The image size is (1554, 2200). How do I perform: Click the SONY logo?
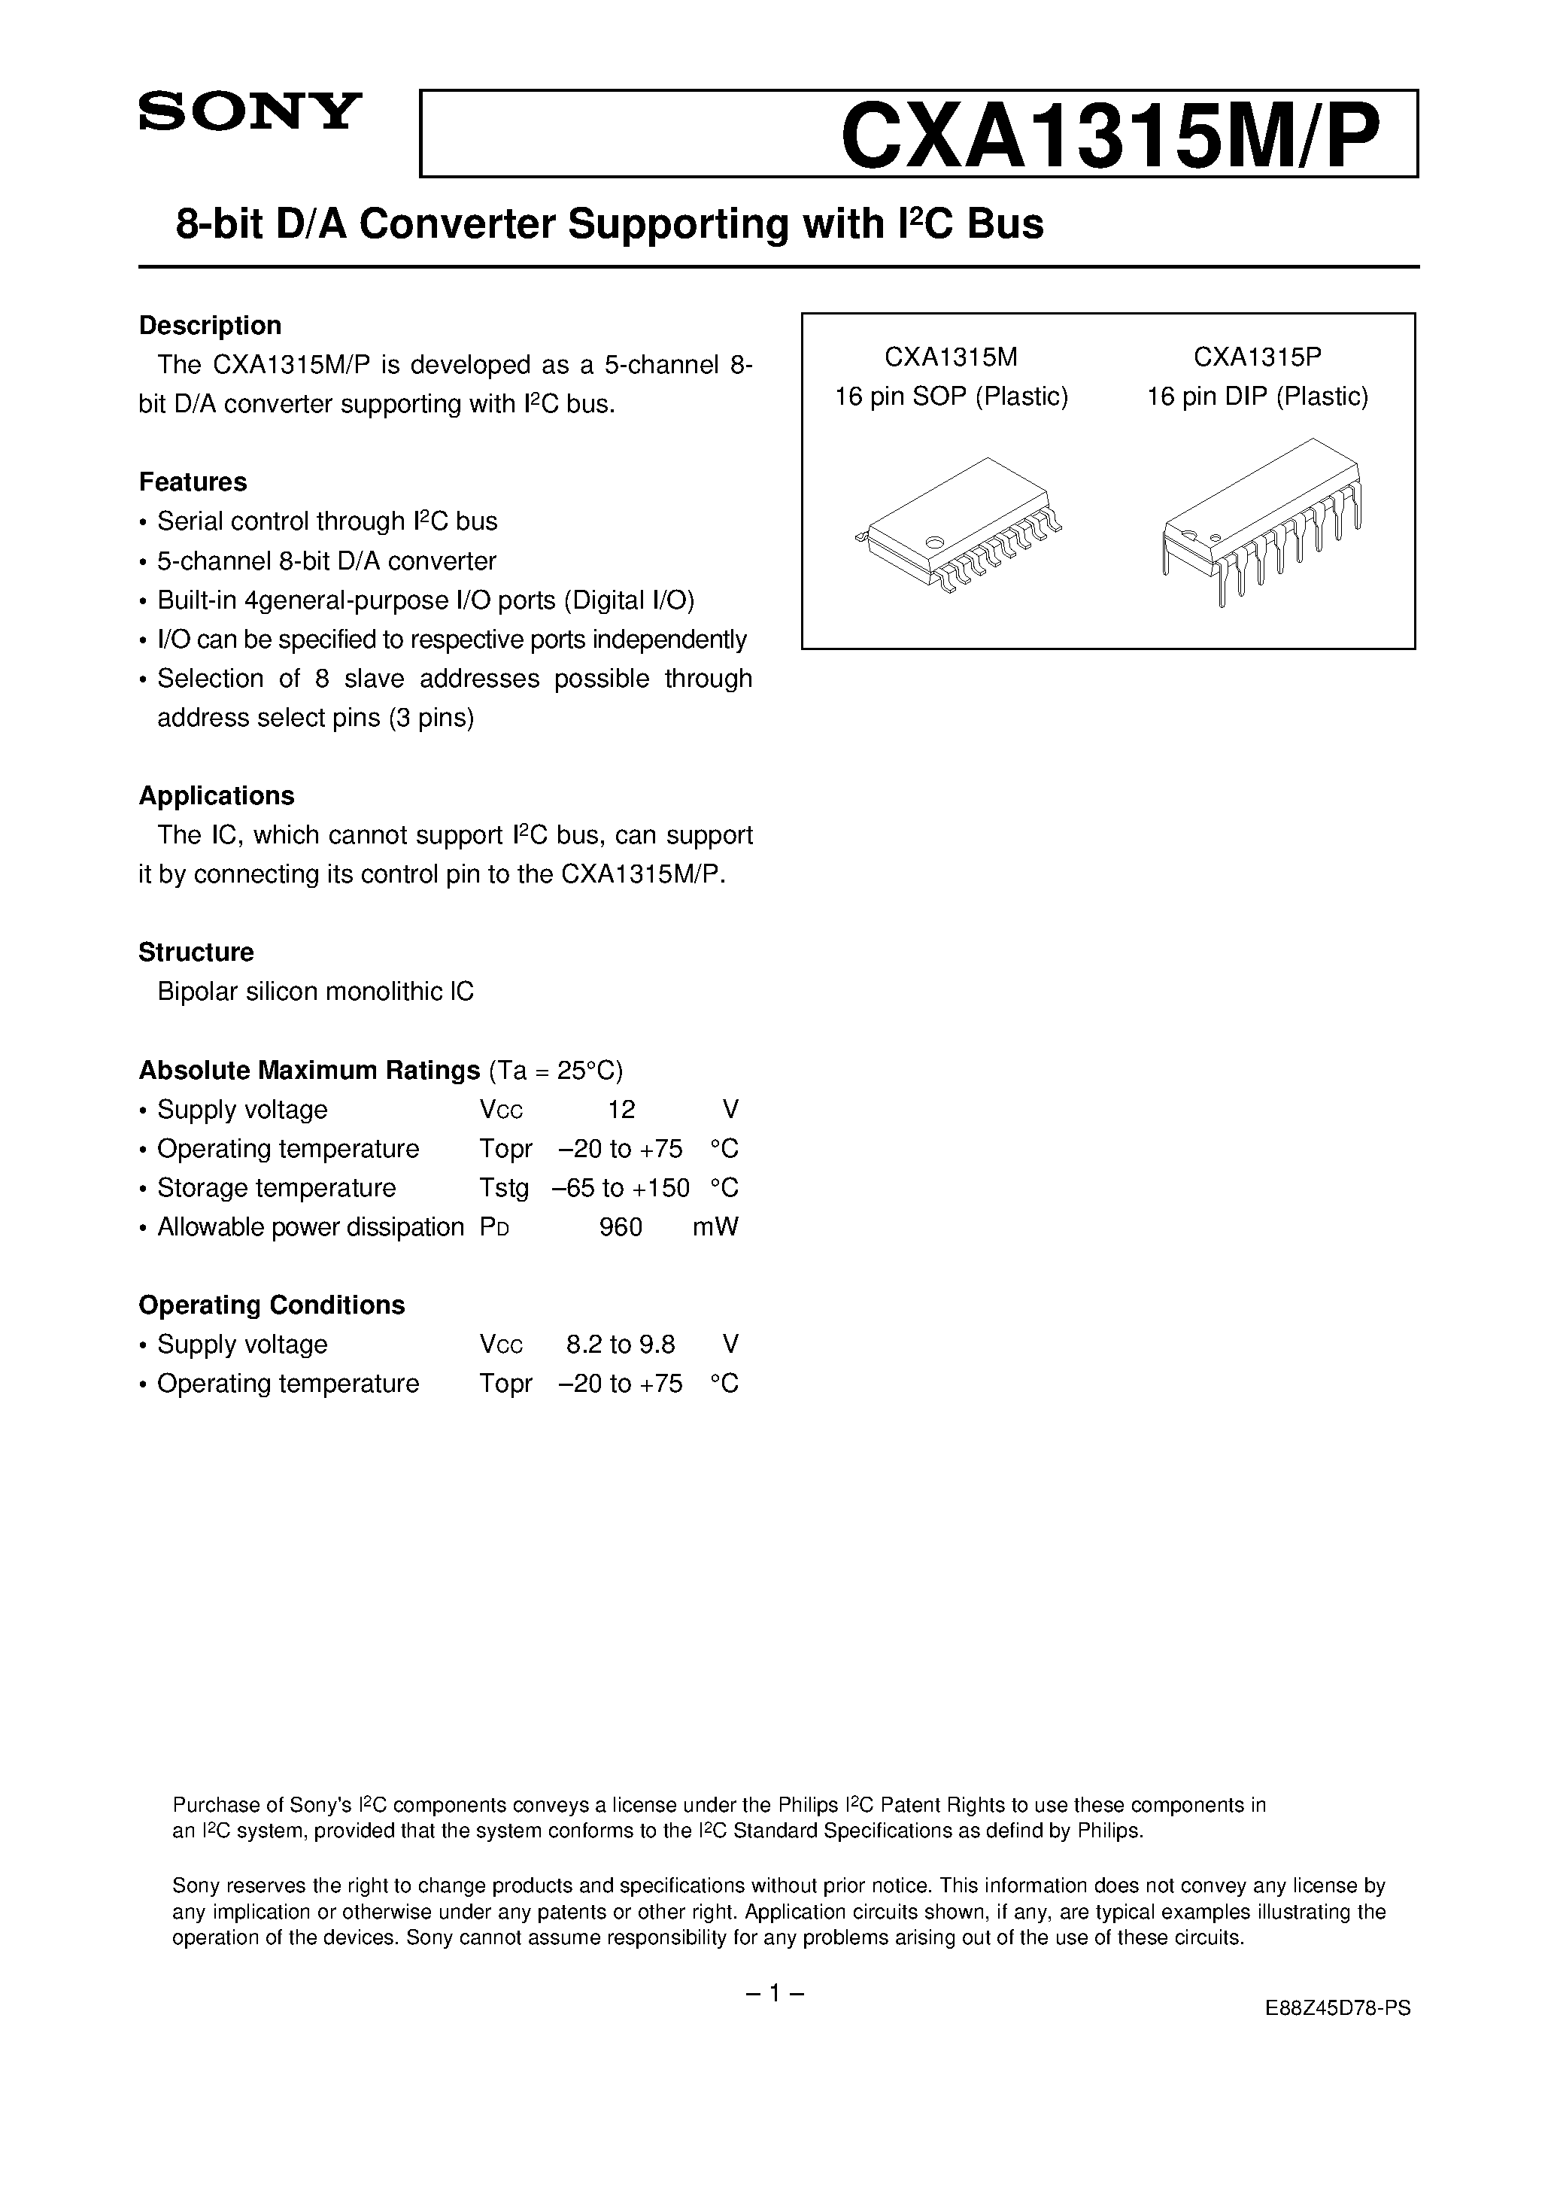click(250, 112)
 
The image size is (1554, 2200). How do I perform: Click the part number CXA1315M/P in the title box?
click(1112, 135)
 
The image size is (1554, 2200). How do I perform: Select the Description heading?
click(210, 326)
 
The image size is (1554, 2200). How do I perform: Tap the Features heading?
click(193, 482)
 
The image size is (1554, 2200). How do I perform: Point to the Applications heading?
click(217, 796)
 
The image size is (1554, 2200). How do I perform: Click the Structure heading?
click(196, 953)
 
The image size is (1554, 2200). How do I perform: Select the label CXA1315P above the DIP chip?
click(1257, 357)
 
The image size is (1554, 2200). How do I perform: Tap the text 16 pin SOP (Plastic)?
click(952, 397)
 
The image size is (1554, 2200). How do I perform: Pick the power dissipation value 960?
click(621, 1227)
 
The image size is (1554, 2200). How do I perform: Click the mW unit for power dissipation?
click(715, 1227)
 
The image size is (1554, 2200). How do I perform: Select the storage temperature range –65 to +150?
click(621, 1188)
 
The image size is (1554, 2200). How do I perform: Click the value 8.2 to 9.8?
click(621, 1345)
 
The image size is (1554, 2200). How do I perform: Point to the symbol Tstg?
click(504, 1189)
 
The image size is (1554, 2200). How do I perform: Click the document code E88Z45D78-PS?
click(1337, 2028)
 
